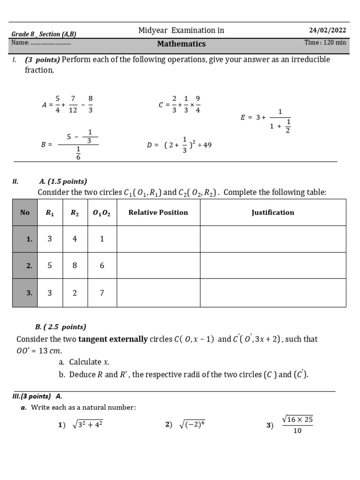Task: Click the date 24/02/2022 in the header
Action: click(x=327, y=30)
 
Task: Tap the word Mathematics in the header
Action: click(x=181, y=44)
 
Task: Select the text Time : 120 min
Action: click(x=325, y=43)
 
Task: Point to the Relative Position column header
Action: click(x=158, y=212)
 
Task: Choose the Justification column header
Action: click(x=273, y=212)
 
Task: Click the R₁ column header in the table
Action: click(x=50, y=212)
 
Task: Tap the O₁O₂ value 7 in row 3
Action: click(x=102, y=293)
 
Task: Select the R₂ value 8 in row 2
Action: click(x=75, y=265)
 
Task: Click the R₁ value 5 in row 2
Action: click(x=50, y=265)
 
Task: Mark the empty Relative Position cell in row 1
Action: click(x=158, y=239)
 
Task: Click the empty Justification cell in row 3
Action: click(x=273, y=293)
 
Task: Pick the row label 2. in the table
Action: click(x=29, y=266)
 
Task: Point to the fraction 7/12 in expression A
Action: click(x=73, y=105)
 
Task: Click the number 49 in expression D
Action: click(x=207, y=145)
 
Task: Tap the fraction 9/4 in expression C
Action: click(x=198, y=105)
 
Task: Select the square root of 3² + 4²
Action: click(x=87, y=425)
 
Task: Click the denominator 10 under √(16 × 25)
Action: click(x=297, y=431)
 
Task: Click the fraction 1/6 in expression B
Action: click(x=78, y=153)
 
